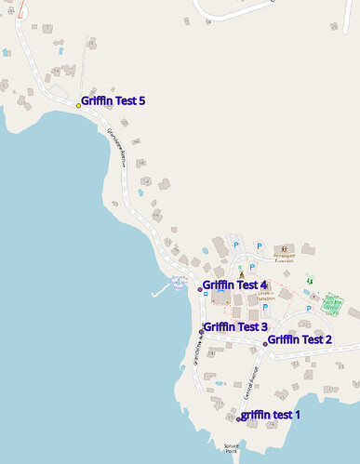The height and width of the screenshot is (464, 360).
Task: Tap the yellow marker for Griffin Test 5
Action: (78, 105)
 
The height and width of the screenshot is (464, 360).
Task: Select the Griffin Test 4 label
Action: (234, 285)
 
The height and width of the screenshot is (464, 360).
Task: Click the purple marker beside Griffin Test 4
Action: (200, 289)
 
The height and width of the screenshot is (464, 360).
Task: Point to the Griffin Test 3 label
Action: (235, 326)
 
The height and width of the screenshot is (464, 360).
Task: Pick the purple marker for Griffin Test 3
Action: (201, 331)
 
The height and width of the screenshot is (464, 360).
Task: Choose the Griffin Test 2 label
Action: (300, 339)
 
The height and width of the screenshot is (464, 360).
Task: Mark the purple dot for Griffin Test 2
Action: (265, 344)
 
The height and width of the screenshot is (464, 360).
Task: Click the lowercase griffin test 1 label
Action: (271, 414)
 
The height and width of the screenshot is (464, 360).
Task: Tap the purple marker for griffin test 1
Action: (239, 418)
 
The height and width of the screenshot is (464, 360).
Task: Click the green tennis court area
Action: (333, 303)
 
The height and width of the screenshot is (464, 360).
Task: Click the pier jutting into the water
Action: (159, 292)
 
